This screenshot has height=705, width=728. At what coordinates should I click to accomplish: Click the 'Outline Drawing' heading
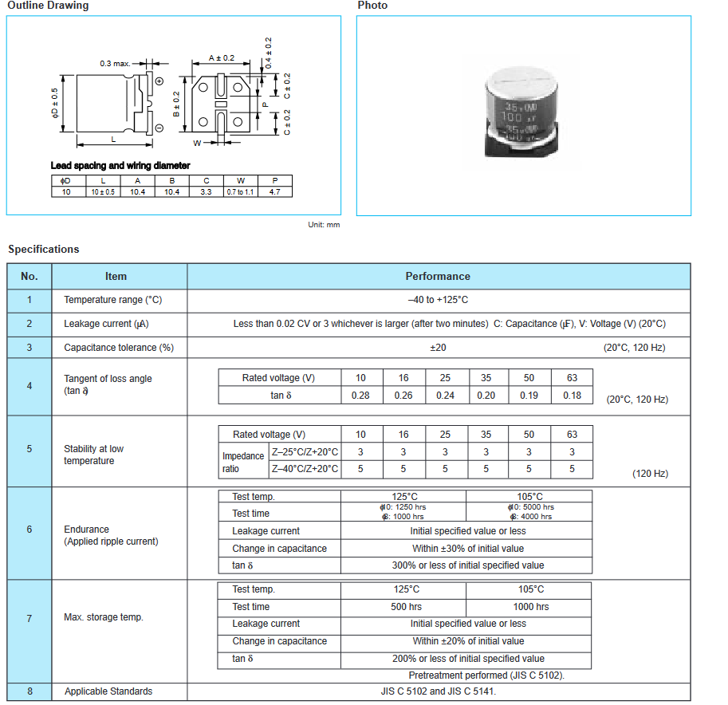48,6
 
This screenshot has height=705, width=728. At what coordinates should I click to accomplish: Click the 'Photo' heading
372,6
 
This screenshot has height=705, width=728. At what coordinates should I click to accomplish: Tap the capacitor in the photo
522,111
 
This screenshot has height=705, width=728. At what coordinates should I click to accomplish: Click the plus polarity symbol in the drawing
159,81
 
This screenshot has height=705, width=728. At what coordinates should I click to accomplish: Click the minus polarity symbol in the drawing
159,128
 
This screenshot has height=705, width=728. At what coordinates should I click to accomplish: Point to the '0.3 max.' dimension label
115,63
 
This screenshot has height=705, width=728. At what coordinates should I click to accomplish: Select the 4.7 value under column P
274,192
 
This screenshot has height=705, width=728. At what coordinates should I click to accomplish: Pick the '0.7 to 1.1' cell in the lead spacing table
240,192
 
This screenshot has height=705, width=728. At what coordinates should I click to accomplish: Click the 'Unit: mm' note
324,225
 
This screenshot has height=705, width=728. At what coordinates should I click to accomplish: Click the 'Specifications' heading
44,249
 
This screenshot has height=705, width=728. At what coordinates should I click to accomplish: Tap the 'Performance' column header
438,276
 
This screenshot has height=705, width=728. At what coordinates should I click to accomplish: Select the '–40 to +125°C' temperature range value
438,300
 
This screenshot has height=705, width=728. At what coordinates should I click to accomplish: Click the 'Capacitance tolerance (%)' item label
119,348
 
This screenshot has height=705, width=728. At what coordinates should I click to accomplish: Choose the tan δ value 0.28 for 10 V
360,396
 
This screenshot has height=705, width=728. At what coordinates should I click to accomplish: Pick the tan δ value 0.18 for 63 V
572,396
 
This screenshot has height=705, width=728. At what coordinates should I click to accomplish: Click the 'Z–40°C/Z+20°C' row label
305,469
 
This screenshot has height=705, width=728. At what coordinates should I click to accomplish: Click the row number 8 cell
30,691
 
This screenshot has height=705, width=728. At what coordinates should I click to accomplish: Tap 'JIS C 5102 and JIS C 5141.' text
438,691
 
